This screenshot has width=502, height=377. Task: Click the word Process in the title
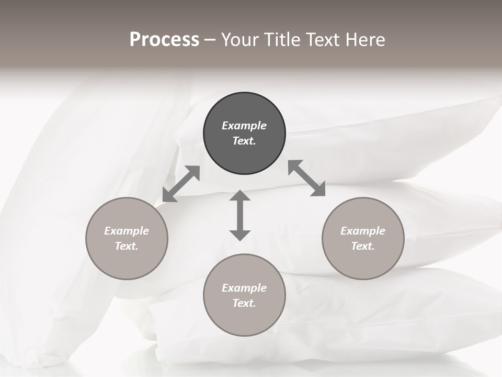tap(164, 40)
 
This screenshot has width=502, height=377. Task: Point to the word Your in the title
tap(239, 40)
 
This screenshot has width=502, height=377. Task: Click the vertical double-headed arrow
tap(240, 215)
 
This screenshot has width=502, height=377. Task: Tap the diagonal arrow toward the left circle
tap(181, 184)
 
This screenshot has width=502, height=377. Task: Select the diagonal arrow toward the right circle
tap(306, 178)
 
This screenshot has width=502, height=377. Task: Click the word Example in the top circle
tap(244, 126)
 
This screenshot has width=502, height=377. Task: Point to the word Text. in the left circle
tap(127, 246)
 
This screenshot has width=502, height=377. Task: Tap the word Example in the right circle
tap(363, 231)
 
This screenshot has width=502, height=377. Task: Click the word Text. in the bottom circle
tap(244, 303)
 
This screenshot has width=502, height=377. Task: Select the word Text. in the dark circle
tap(244, 141)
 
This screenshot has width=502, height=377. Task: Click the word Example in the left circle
tap(127, 231)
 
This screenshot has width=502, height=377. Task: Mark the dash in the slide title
tap(210, 40)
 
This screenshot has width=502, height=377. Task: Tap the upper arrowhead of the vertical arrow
tap(240, 196)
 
